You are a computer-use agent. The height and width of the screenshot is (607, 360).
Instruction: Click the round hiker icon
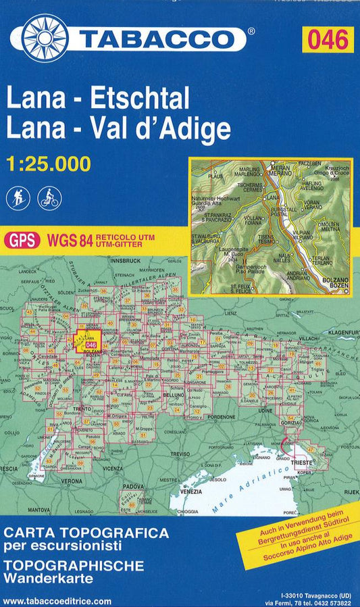[18, 197]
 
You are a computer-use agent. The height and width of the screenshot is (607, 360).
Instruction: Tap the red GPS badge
[22, 239]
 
